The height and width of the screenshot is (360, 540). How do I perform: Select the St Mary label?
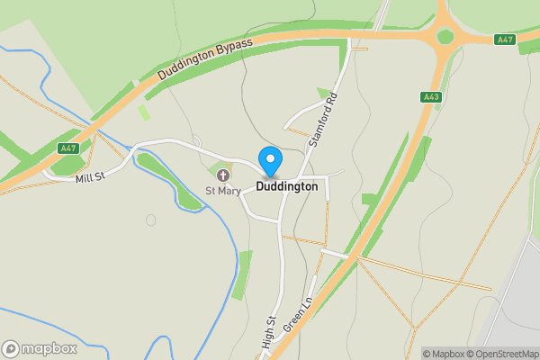tap(222, 191)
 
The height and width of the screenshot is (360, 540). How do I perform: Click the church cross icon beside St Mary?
tap(222, 175)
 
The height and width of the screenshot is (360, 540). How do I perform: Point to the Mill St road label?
tap(91, 177)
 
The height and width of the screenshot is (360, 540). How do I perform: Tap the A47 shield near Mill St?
tap(67, 148)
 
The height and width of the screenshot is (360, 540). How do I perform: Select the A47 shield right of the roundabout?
tap(505, 40)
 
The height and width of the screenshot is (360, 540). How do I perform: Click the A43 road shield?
tap(430, 96)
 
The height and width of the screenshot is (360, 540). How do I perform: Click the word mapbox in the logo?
tap(50, 348)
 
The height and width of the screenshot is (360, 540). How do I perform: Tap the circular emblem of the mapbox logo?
tap(11, 348)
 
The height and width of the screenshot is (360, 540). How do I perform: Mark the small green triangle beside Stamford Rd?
tap(324, 93)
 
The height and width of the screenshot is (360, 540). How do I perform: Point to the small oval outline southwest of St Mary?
tap(150, 220)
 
